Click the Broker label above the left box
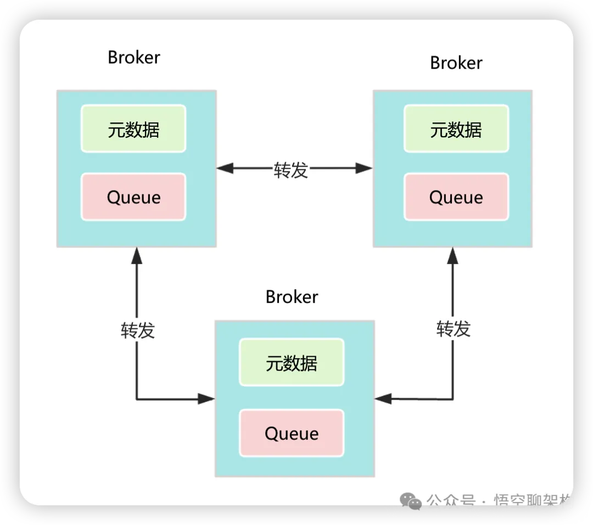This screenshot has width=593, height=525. pos(133,58)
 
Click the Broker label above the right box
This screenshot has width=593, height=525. pos(456,63)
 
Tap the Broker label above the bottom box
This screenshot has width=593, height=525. pos(292,297)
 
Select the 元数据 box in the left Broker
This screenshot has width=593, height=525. pos(133,129)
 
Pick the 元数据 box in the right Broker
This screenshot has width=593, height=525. pos(456,129)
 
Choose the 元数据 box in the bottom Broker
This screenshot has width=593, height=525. pos(292,362)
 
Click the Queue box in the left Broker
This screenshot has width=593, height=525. pos(133,197)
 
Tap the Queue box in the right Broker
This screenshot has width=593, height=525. pos(456,197)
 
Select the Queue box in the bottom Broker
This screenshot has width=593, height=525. pos(292,433)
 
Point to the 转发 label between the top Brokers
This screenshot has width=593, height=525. pos(291,170)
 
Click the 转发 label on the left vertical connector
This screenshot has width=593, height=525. pos(138,330)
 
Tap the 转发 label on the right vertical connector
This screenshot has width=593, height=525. pos(454,329)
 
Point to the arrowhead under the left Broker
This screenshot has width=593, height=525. pos(137,256)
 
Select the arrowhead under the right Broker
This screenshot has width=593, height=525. pos(453,256)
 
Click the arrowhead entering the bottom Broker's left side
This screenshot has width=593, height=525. pos(206,399)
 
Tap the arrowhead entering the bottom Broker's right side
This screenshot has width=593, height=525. pos(383,399)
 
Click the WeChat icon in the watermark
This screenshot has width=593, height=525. pos(412,500)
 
